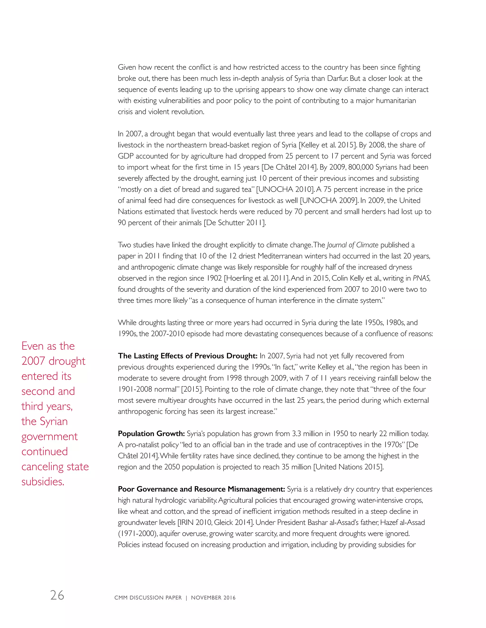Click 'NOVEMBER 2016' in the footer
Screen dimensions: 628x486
coord(213,597)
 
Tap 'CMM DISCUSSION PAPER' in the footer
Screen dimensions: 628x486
coord(148,597)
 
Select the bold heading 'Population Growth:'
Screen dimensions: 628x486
coord(151,433)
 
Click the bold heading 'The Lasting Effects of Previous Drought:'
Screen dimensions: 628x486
coord(187,356)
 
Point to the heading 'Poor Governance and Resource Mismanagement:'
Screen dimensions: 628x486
coord(201,489)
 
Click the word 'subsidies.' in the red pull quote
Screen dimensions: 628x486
coord(43,481)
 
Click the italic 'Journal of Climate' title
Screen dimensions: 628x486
coord(352,245)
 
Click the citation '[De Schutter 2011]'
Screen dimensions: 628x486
coord(235,223)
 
